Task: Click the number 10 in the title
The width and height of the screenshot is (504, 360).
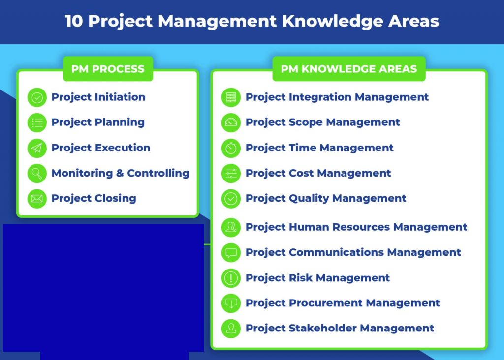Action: pyautogui.click(x=74, y=21)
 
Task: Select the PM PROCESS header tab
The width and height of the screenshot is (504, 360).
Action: pyautogui.click(x=108, y=69)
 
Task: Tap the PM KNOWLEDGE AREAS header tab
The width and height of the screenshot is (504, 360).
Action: pyautogui.click(x=349, y=69)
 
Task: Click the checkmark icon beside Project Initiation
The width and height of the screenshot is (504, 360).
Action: pyautogui.click(x=37, y=97)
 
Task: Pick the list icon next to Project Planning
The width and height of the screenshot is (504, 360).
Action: pyautogui.click(x=37, y=122)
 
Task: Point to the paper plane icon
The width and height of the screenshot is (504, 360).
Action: pyautogui.click(x=37, y=148)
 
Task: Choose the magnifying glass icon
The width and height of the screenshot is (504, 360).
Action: pyautogui.click(x=37, y=174)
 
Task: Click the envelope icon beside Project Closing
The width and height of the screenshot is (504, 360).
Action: pyautogui.click(x=37, y=199)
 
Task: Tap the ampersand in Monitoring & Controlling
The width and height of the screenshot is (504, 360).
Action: pyautogui.click(x=120, y=173)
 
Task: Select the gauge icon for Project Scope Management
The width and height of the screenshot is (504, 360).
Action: pyautogui.click(x=231, y=122)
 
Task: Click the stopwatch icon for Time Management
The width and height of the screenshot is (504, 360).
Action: pyautogui.click(x=231, y=148)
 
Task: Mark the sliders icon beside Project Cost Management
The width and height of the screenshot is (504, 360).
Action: pyautogui.click(x=231, y=174)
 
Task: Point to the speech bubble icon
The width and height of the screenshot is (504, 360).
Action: pyautogui.click(x=231, y=253)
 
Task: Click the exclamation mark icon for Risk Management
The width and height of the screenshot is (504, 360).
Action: pyautogui.click(x=231, y=278)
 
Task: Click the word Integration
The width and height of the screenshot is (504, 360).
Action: pyautogui.click(x=320, y=97)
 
